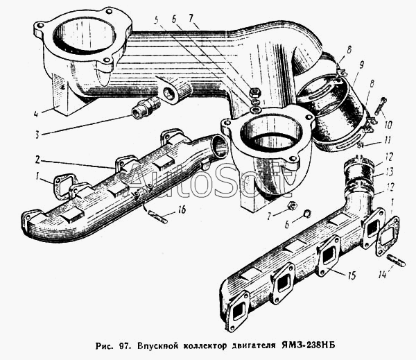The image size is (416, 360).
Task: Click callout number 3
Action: point(37,135)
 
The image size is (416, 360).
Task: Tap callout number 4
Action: point(36,114)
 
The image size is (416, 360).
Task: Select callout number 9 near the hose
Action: point(361,65)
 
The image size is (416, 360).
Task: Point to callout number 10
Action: point(388,125)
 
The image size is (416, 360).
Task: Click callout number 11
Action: point(388,140)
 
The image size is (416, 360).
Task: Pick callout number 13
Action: point(389,172)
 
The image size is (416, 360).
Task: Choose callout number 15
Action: point(352,275)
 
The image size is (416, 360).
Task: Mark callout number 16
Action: point(182,209)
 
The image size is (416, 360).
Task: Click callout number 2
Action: point(37,160)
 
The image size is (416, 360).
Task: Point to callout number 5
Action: point(157,19)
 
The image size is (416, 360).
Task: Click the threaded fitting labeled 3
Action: point(146,109)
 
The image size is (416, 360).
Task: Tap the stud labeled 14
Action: point(397,261)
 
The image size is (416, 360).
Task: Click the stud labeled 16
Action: point(157,216)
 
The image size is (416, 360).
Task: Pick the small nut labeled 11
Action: point(360,145)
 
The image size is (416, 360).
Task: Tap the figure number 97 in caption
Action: point(125,346)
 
